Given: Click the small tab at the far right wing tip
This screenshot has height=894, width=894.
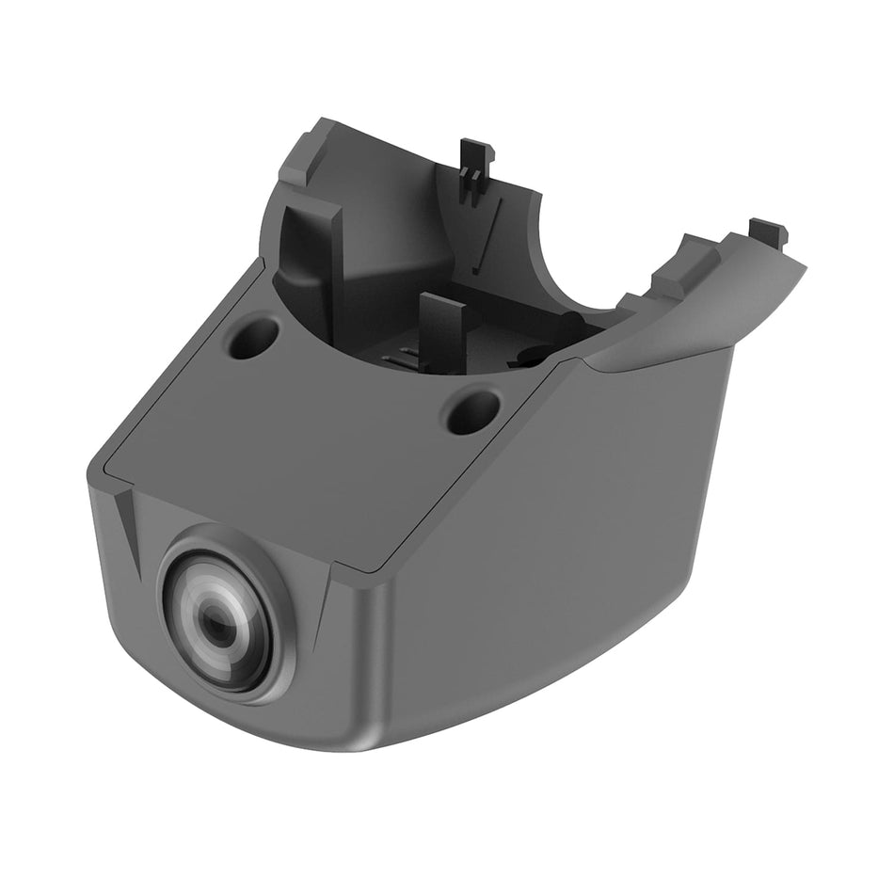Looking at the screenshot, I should pyautogui.click(x=767, y=230).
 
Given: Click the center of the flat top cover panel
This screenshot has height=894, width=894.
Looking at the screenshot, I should pyautogui.click(x=311, y=442).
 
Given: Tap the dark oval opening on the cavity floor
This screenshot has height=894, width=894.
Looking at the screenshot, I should pyautogui.click(x=532, y=357).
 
